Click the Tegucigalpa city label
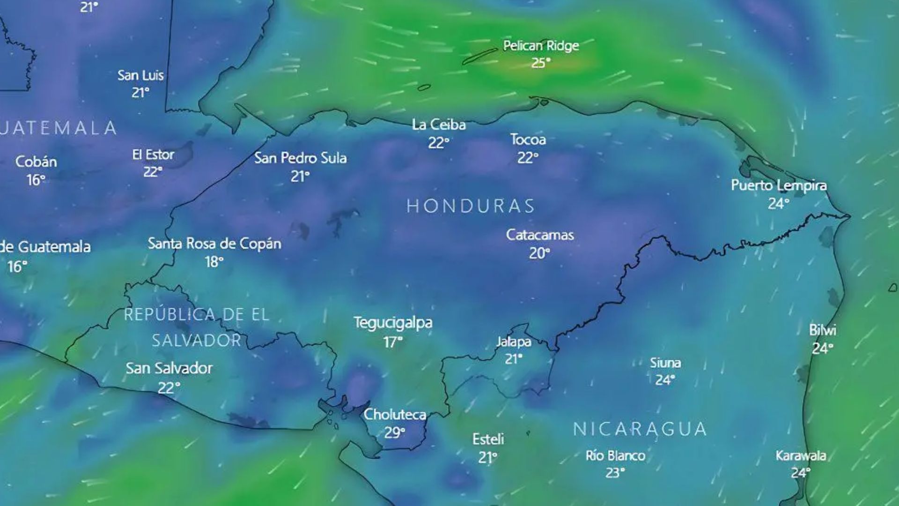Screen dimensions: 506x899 [x=393, y=323]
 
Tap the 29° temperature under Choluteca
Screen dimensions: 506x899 [x=394, y=432]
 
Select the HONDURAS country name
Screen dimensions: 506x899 [x=471, y=206]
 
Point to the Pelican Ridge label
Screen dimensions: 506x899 [x=541, y=46]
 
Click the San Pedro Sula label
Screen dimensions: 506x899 [x=300, y=158]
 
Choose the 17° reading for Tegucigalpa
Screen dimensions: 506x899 [x=392, y=342]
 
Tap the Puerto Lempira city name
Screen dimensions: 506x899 [x=779, y=186]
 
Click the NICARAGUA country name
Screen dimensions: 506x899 [x=640, y=429]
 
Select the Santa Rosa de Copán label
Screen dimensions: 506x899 [x=214, y=244]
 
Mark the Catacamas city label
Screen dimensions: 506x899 [x=540, y=235]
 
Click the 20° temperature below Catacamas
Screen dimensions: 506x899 [x=539, y=253]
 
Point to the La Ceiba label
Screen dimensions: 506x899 [x=439, y=125]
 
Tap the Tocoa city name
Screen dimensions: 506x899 [x=528, y=140]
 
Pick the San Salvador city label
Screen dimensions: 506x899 [x=169, y=368]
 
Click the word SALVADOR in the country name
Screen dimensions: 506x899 [x=196, y=340]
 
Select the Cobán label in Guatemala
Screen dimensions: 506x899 [x=36, y=162]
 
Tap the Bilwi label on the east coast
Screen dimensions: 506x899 [x=822, y=330]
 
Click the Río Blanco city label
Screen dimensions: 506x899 [x=615, y=455]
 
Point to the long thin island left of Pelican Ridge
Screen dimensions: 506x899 [x=479, y=56]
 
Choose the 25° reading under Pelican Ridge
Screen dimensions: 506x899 [x=540, y=63]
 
